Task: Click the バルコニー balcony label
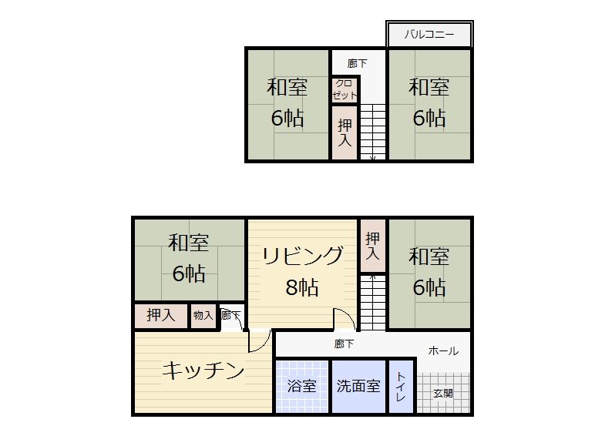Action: [x=429, y=35]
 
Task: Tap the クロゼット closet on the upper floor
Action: [x=345, y=89]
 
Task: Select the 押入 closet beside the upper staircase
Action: [x=345, y=132]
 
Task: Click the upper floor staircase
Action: [x=373, y=132]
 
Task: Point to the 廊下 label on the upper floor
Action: [x=357, y=63]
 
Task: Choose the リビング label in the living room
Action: [x=303, y=256]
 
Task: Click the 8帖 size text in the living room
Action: [x=302, y=287]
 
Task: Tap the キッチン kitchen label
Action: [x=203, y=371]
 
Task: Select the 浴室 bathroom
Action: [x=301, y=387]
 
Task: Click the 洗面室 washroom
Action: [x=359, y=387]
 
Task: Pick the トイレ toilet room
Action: [x=401, y=387]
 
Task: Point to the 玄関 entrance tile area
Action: [x=443, y=393]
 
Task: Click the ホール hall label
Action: [x=443, y=350]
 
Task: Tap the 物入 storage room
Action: [x=203, y=316]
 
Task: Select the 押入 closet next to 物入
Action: [x=160, y=316]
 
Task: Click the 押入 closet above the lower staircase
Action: [x=373, y=246]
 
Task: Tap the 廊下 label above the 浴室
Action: [x=345, y=344]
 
